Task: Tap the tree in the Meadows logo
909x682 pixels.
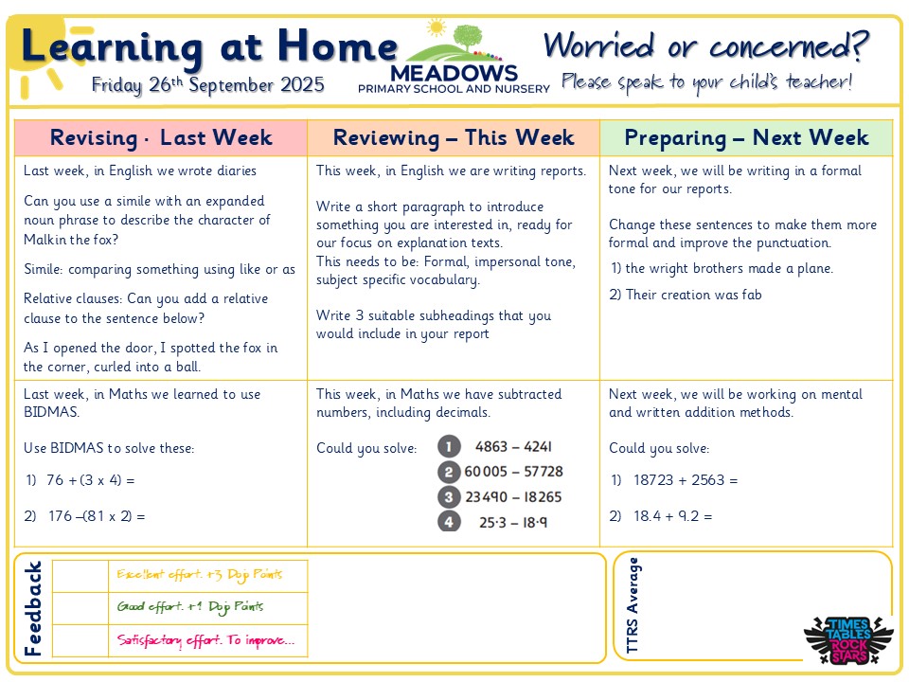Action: (x=467, y=41)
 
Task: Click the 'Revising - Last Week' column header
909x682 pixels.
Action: (x=161, y=138)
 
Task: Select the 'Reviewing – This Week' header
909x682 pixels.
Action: (x=454, y=138)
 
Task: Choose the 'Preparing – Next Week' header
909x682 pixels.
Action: (x=746, y=138)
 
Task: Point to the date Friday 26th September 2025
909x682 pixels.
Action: (x=208, y=85)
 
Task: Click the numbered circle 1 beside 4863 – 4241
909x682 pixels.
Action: (x=449, y=446)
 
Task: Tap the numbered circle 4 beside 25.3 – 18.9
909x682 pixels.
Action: (x=449, y=521)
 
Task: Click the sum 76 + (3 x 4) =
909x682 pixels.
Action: (x=91, y=480)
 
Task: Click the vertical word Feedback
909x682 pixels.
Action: (x=33, y=608)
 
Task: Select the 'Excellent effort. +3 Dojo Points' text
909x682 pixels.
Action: (x=199, y=574)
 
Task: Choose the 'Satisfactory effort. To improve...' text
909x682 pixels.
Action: (x=205, y=640)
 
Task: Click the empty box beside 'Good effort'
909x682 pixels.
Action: (x=80, y=607)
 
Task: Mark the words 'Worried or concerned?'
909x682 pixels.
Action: (x=706, y=45)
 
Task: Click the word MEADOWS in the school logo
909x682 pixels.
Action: (x=454, y=73)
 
